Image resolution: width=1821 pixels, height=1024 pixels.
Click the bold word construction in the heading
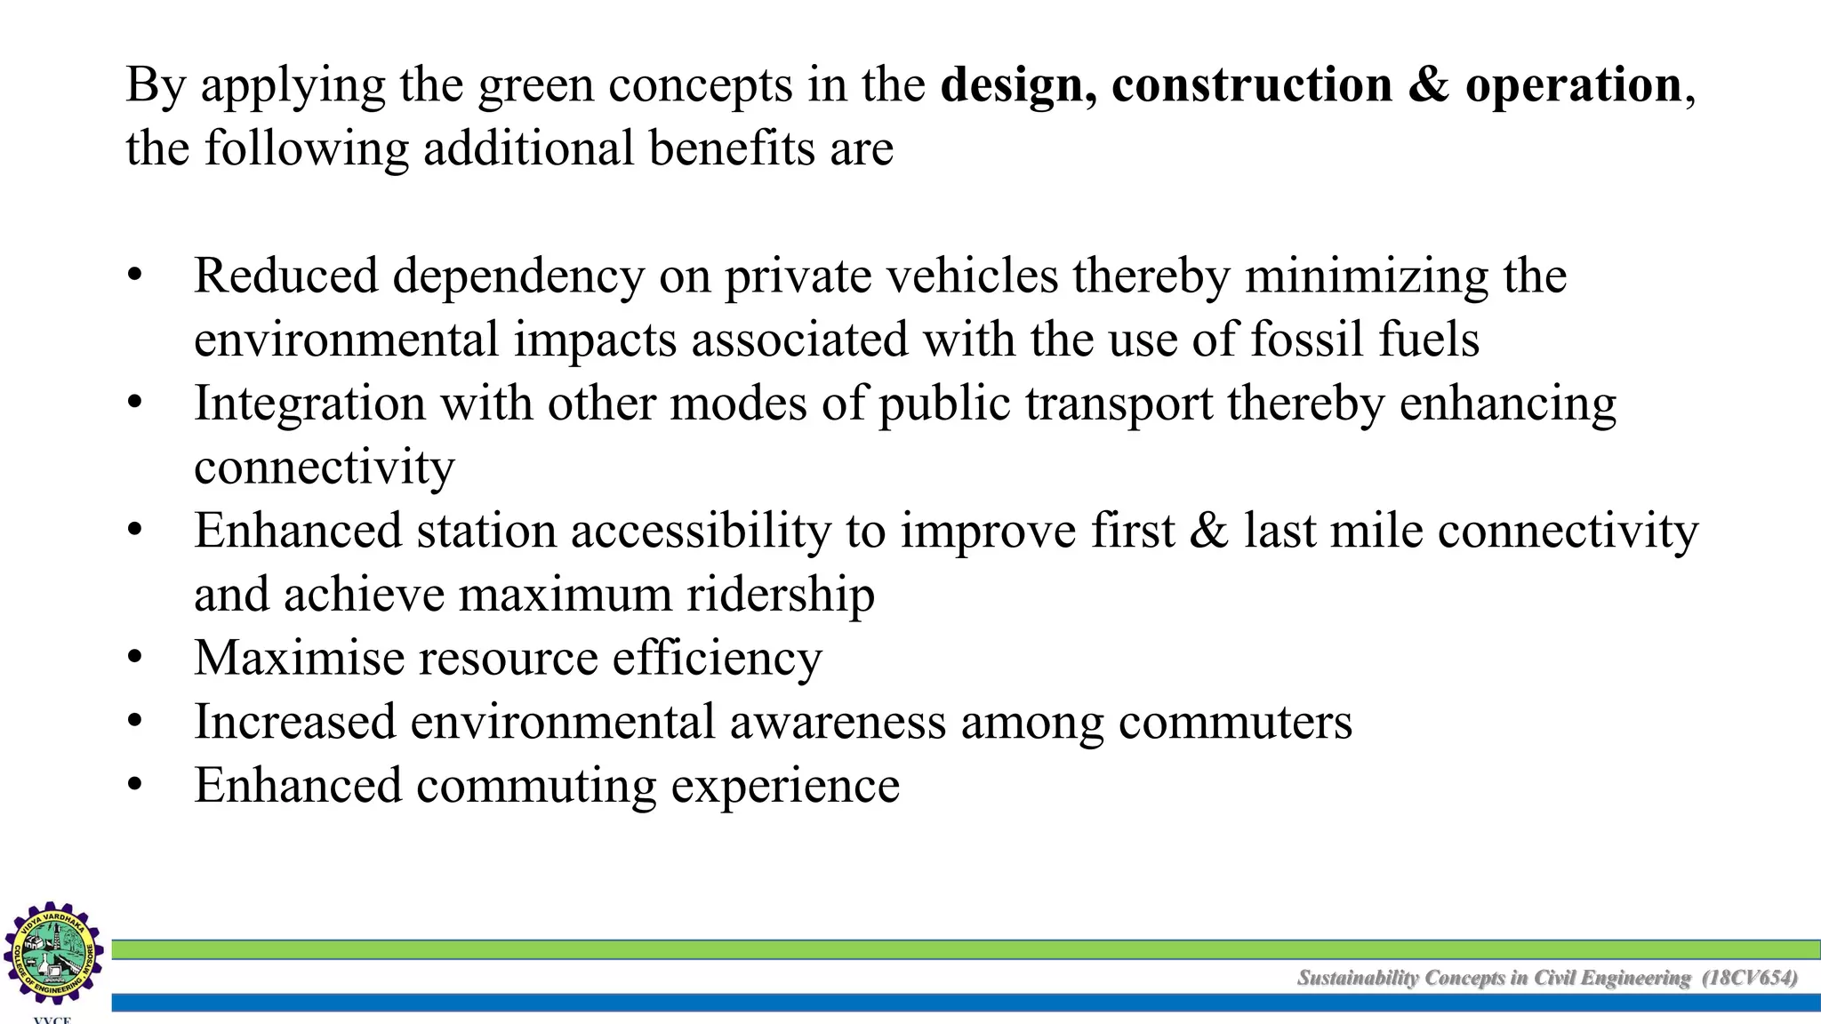pos(1251,85)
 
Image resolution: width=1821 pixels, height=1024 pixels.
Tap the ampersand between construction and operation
pos(1429,85)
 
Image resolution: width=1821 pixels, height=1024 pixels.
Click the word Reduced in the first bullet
pos(285,276)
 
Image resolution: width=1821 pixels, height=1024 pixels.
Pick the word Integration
pos(309,404)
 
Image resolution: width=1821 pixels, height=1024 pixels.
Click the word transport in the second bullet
pos(1119,405)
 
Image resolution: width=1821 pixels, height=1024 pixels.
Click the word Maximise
pos(299,659)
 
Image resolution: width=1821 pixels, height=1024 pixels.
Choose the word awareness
pos(838,722)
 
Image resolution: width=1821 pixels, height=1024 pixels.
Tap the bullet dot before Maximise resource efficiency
pos(135,659)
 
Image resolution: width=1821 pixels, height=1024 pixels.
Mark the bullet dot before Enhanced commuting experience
pos(135,786)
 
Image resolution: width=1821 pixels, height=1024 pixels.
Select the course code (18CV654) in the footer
pos(1750,979)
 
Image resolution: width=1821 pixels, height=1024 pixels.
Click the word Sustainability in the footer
pos(1358,979)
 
